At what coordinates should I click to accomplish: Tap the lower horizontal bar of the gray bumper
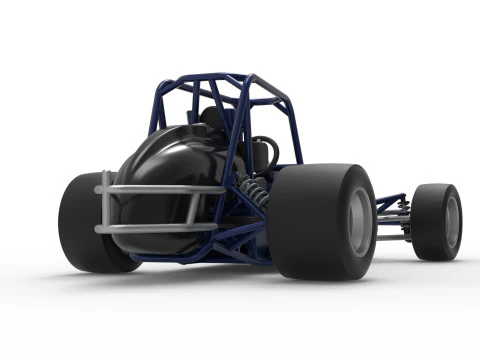pos(150,228)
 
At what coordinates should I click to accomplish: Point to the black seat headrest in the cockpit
pos(212,118)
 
